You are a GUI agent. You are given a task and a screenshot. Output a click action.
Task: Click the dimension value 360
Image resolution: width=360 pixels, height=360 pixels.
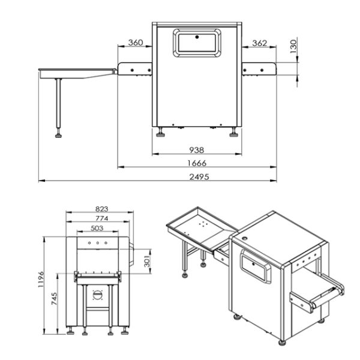136,43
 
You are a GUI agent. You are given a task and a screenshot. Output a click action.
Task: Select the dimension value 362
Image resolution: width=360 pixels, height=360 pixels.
259,43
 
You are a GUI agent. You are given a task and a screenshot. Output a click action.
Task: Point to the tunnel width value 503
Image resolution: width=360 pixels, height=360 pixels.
97,229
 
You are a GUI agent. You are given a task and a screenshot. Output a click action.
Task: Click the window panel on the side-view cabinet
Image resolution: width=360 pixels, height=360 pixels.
197,42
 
